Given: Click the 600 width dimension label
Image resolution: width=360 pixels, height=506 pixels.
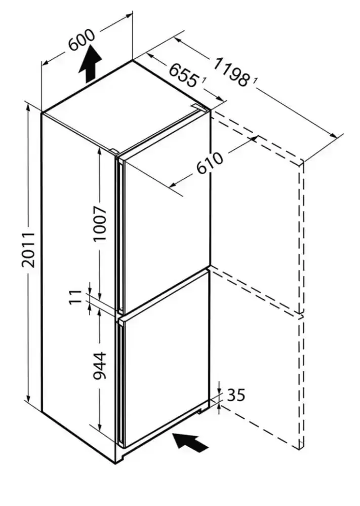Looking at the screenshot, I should coord(82,41).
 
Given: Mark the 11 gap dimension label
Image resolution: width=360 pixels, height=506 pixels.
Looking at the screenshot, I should coord(75,297).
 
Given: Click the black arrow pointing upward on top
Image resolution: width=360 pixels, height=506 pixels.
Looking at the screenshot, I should coord(90,63).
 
